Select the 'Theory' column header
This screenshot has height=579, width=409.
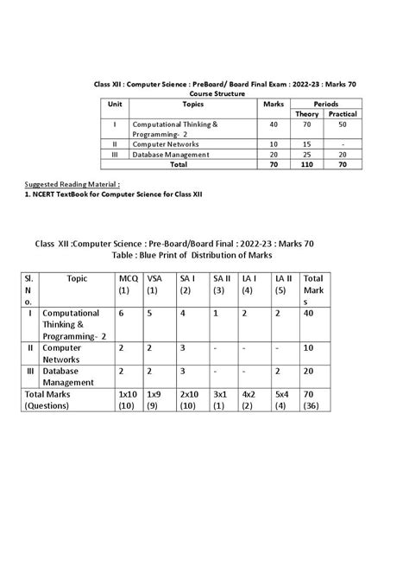point(306,113)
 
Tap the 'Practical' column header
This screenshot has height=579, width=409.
point(342,113)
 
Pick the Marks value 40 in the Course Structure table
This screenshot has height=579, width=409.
point(274,124)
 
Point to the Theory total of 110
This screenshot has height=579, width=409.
point(306,163)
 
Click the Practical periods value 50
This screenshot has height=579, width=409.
point(342,124)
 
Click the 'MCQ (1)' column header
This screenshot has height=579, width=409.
point(128,284)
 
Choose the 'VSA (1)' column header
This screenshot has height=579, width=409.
point(155,284)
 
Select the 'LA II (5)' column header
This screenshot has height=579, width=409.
point(284,284)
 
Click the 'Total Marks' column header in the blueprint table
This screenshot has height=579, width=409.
point(313,290)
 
